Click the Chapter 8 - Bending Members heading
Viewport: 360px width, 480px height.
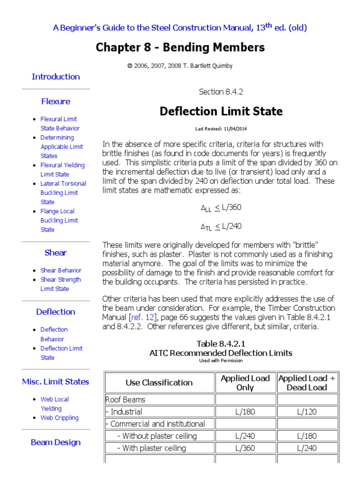pyautogui.click(x=180, y=47)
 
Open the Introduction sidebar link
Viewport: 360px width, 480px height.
pyautogui.click(x=55, y=77)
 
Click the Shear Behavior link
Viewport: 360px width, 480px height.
pyautogui.click(x=61, y=270)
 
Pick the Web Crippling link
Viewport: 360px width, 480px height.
pyautogui.click(x=60, y=418)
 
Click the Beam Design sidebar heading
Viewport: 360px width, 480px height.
pyautogui.click(x=55, y=442)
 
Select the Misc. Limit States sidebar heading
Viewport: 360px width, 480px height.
pyautogui.click(x=55, y=382)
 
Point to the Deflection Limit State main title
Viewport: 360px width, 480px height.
pyautogui.click(x=221, y=112)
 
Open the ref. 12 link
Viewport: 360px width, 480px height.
pyautogui.click(x=140, y=317)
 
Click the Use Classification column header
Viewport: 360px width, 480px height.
pyautogui.click(x=159, y=382)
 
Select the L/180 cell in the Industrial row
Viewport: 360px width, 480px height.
pyautogui.click(x=245, y=412)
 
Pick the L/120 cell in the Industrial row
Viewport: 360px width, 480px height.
pyautogui.click(x=307, y=412)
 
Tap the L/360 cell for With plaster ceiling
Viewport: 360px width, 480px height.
pyautogui.click(x=245, y=448)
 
